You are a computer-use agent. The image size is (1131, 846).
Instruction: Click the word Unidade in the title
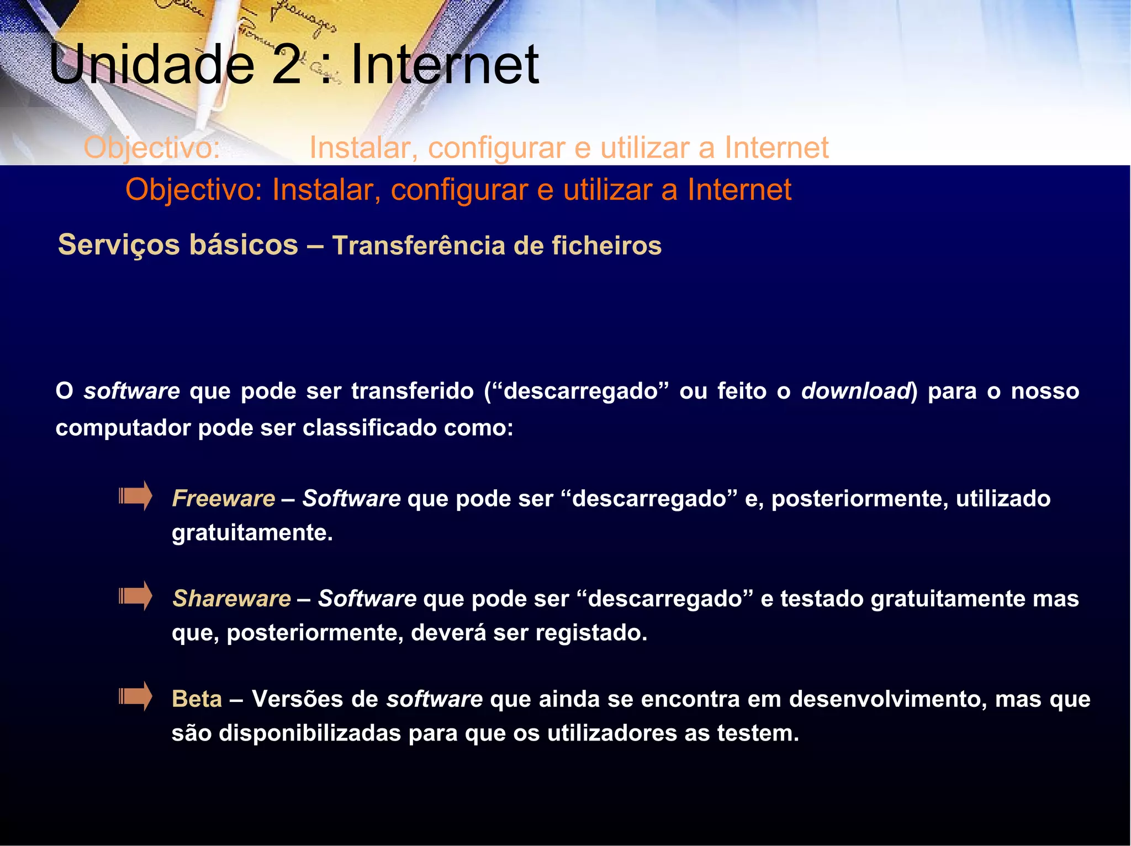point(151,65)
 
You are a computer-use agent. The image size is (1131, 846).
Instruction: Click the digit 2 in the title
point(287,65)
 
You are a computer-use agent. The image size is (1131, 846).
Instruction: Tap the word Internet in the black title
point(445,65)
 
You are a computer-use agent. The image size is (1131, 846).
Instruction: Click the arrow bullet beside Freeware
point(135,496)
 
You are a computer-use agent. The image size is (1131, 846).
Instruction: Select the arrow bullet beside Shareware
point(135,596)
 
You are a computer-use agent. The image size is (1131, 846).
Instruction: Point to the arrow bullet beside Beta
point(135,696)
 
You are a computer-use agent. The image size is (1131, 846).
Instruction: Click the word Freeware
point(224,498)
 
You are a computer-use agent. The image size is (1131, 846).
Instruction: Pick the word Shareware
point(231,599)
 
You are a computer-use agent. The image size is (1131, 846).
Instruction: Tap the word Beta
point(197,699)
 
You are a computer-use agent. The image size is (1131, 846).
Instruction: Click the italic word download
point(855,391)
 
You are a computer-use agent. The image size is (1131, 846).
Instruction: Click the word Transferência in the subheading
point(418,246)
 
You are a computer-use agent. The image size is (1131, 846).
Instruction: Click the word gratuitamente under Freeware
point(252,533)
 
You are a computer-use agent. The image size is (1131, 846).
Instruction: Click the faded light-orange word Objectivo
point(152,147)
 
